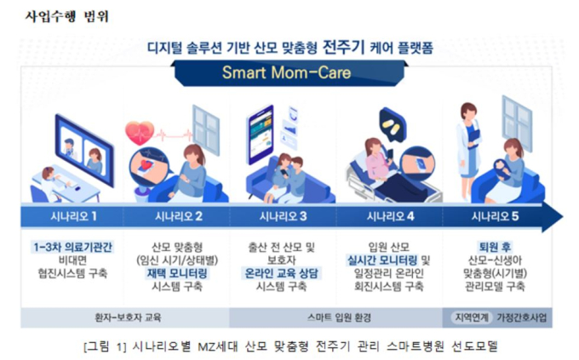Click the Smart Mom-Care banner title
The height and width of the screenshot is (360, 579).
(286, 72)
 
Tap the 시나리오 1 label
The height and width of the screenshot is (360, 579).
(73, 216)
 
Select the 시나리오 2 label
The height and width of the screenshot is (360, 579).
(178, 216)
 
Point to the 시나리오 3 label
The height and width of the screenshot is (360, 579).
(283, 216)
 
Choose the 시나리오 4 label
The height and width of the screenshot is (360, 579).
(390, 216)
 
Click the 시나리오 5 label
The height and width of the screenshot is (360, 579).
(495, 216)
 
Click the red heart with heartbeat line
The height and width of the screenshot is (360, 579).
(140, 133)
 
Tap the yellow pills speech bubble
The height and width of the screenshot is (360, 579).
(393, 125)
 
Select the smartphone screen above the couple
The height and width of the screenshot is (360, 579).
(261, 134)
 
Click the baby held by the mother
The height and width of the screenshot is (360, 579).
(502, 169)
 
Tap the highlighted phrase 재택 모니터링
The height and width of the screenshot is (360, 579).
(177, 273)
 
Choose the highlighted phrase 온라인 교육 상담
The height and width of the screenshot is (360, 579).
(281, 273)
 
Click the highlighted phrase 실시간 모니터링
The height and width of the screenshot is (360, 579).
(381, 260)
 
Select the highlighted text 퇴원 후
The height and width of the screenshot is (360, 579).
(495, 247)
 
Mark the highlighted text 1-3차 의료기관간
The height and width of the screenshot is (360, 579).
(72, 247)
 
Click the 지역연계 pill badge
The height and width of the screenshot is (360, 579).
(472, 317)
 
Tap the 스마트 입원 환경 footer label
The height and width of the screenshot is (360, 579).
(339, 317)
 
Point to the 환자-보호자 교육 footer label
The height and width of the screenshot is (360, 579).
(128, 317)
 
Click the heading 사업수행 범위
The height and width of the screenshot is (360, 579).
(66, 16)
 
